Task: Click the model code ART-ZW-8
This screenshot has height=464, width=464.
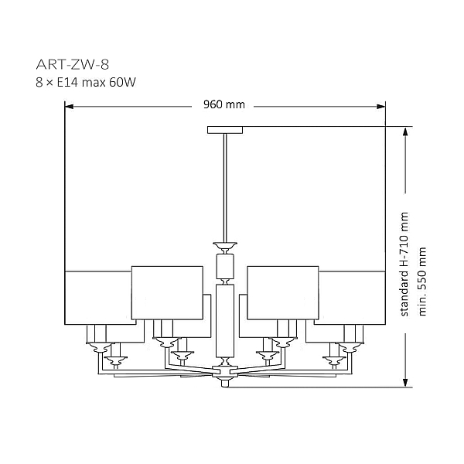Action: [73, 64]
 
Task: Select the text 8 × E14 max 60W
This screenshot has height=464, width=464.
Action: [86, 82]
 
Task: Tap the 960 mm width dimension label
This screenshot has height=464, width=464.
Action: [224, 104]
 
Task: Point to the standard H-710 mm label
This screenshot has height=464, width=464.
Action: [404, 264]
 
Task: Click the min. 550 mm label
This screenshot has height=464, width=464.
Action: [422, 281]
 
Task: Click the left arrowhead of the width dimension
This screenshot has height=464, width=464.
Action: [69, 107]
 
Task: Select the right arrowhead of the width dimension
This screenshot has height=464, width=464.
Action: [381, 107]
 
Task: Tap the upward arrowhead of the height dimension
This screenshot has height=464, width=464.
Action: [406, 131]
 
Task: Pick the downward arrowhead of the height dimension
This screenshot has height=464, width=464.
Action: [406, 382]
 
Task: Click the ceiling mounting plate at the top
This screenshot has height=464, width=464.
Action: [225, 130]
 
